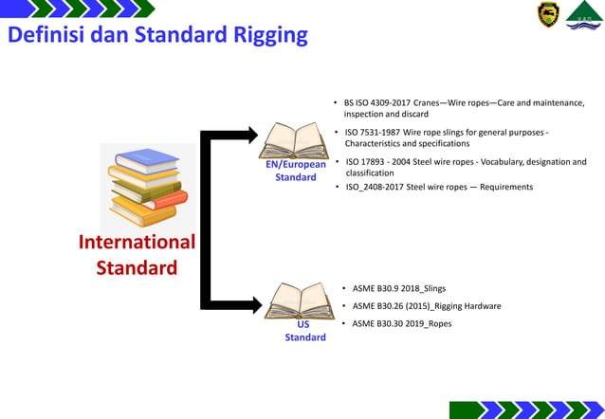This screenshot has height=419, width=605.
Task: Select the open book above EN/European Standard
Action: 295,141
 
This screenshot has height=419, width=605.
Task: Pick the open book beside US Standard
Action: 299,301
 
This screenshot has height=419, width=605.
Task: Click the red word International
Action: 137,242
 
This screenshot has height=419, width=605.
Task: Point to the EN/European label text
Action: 296,164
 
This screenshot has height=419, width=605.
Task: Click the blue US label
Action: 303,324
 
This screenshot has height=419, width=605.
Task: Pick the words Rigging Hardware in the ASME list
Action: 468,306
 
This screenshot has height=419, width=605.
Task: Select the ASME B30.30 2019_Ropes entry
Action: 401,323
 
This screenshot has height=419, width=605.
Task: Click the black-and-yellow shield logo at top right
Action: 548,14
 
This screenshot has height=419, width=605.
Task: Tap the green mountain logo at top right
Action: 583,15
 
